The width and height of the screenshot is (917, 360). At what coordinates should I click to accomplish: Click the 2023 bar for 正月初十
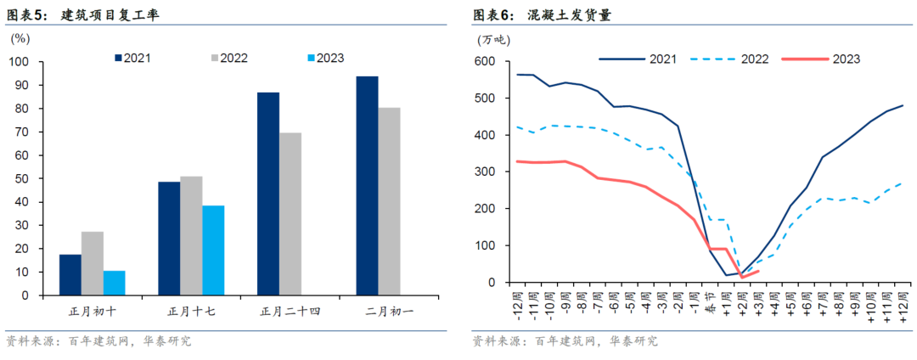115,283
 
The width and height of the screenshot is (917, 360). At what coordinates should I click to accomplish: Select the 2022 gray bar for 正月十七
191,235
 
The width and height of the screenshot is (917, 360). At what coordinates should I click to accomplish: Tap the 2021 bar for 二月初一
367,185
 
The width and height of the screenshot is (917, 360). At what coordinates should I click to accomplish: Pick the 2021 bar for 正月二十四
268,194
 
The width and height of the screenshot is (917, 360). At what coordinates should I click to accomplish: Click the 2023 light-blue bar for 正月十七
213,250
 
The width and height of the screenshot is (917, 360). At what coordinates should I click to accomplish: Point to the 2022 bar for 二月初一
389,201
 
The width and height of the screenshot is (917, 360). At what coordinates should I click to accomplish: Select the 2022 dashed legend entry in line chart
729,59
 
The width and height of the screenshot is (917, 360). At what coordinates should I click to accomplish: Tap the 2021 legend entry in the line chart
638,59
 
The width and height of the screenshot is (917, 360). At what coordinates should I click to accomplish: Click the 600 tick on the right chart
486,61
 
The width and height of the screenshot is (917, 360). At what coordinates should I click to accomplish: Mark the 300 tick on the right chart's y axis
486,172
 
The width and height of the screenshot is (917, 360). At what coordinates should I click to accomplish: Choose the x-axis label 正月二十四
290,312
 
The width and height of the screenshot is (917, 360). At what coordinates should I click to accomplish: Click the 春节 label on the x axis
711,302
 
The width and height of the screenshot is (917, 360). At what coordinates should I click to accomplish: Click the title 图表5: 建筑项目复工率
82,14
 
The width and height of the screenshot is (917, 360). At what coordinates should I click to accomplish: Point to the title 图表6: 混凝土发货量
542,14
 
